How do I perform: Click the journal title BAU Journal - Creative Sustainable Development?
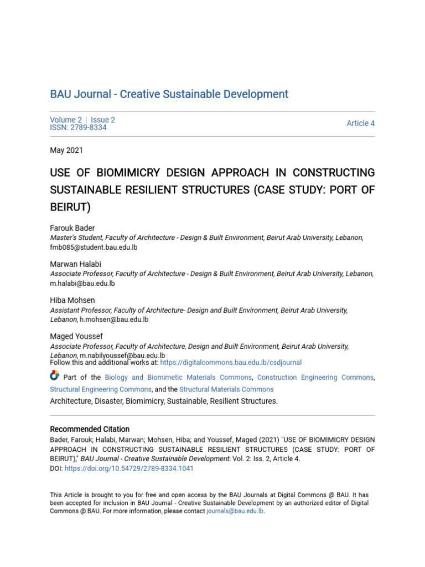[169, 94]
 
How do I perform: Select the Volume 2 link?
[66, 120]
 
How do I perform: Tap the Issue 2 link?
[103, 120]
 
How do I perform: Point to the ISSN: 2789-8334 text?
[78, 128]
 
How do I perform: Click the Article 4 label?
[360, 123]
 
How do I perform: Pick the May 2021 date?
[66, 150]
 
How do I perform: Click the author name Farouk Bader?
[72, 228]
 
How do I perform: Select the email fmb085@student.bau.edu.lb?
[94, 248]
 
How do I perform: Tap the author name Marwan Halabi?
[75, 264]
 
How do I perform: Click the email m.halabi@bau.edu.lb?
[82, 283]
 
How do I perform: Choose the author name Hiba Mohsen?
[72, 300]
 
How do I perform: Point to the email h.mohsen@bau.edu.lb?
[114, 319]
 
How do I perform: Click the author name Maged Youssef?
[76, 336]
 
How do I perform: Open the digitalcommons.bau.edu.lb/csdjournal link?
[231, 363]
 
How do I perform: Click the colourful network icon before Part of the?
[54, 376]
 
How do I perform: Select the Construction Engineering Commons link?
[315, 378]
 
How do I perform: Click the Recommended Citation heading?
[90, 429]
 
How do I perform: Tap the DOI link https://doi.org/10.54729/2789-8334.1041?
[129, 468]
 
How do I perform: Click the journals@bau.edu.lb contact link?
[235, 511]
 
